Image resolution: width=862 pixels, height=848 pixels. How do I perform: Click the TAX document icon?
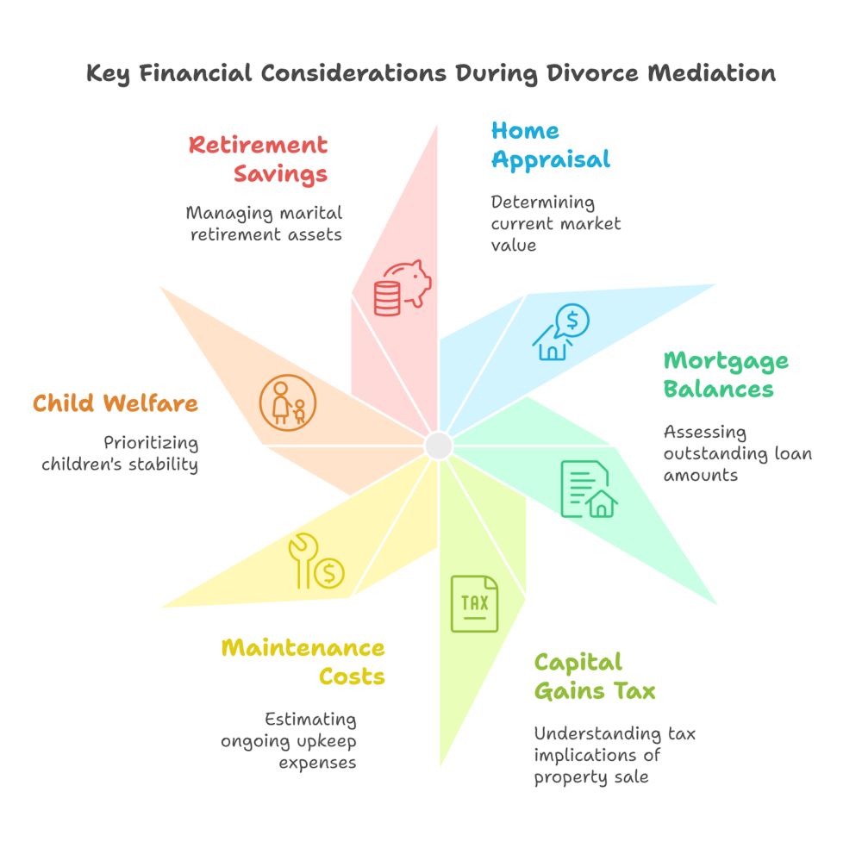[474, 603]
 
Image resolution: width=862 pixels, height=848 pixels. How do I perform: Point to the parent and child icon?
[288, 402]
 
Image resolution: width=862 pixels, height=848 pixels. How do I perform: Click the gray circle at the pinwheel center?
[439, 446]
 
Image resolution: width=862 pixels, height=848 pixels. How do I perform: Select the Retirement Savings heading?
[259, 159]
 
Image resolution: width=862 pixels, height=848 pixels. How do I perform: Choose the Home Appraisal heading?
[550, 145]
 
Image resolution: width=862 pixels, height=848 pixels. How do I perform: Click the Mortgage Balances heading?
[725, 374]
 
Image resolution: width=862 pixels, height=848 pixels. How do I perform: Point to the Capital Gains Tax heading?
[594, 677]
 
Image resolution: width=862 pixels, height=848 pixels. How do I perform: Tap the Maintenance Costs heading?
[303, 661]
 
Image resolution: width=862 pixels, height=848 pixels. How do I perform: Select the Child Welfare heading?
[116, 402]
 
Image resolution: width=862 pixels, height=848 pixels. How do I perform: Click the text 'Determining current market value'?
[555, 223]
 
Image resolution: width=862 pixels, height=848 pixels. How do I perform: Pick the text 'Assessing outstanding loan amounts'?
[737, 452]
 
